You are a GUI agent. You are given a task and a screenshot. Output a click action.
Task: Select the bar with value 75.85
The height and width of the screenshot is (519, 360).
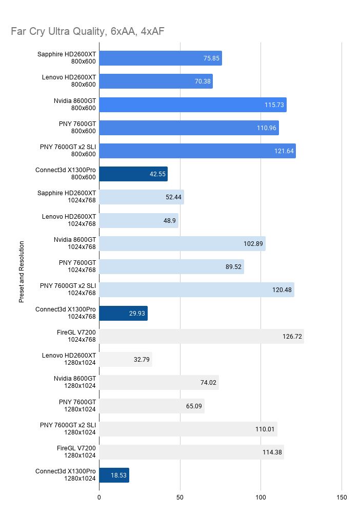161,58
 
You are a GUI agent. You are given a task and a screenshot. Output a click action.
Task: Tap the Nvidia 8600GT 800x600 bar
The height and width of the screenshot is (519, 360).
193,105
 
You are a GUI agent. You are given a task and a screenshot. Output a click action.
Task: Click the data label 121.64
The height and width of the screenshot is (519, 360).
284,151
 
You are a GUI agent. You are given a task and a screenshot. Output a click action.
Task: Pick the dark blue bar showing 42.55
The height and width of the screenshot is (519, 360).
133,174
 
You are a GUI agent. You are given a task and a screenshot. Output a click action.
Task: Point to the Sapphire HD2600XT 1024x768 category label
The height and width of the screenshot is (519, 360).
67,197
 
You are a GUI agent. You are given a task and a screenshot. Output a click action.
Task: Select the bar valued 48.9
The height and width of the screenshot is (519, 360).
139,220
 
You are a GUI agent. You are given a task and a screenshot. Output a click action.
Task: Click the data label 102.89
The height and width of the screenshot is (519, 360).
253,244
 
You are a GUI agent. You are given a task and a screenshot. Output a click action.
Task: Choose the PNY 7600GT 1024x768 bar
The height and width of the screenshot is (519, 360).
172,267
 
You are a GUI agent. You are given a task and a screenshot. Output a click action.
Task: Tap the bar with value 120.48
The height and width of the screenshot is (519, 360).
197,290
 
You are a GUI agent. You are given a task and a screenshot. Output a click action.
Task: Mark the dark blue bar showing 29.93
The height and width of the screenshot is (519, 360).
124,314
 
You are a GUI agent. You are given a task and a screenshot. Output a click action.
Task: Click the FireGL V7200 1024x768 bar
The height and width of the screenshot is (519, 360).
202,336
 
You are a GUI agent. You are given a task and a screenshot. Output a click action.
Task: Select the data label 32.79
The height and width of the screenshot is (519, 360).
142,360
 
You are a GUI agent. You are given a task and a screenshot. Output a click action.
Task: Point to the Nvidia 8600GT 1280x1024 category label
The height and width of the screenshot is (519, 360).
75,382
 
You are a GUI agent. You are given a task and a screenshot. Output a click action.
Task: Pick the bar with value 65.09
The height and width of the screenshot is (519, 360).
152,406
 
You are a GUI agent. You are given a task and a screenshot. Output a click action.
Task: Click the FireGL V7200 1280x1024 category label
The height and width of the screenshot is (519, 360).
76,451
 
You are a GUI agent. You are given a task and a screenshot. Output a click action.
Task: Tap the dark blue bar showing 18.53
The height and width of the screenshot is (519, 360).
114,475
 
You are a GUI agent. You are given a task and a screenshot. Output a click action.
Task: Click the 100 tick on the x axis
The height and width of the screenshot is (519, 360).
261,497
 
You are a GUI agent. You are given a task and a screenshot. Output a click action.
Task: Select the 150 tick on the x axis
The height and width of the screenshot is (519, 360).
342,497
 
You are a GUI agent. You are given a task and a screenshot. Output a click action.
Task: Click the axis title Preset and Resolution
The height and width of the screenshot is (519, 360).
22,272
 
